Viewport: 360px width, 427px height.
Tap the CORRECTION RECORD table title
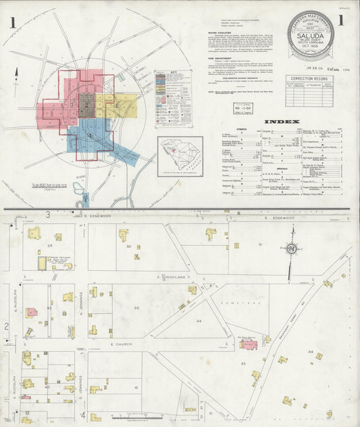coord(309,78)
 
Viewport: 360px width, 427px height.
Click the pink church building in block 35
coord(249,345)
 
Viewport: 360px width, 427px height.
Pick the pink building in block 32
coord(31,313)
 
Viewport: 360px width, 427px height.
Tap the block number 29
coord(50,246)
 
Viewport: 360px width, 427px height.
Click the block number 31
coord(260,245)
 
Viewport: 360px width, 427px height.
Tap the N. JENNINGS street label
coord(80,301)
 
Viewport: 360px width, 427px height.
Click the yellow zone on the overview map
coord(115,107)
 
